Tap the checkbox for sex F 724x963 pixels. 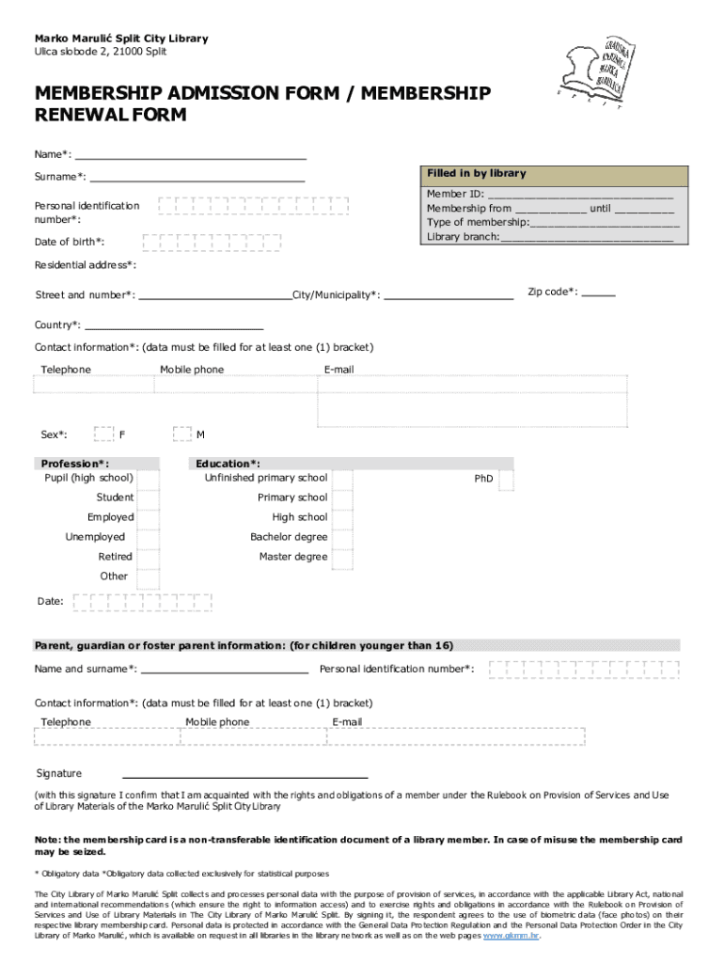pos(103,434)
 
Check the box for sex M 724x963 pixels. pos(182,434)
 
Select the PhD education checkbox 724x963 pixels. pos(506,480)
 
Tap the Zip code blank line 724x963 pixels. pos(598,295)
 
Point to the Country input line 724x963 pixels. pos(174,329)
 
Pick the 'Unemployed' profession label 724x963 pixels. pos(94,537)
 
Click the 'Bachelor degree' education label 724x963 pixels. pos(289,537)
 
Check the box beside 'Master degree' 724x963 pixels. pos(343,558)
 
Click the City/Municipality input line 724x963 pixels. pos(449,298)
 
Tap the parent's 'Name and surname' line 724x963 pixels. pos(224,673)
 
